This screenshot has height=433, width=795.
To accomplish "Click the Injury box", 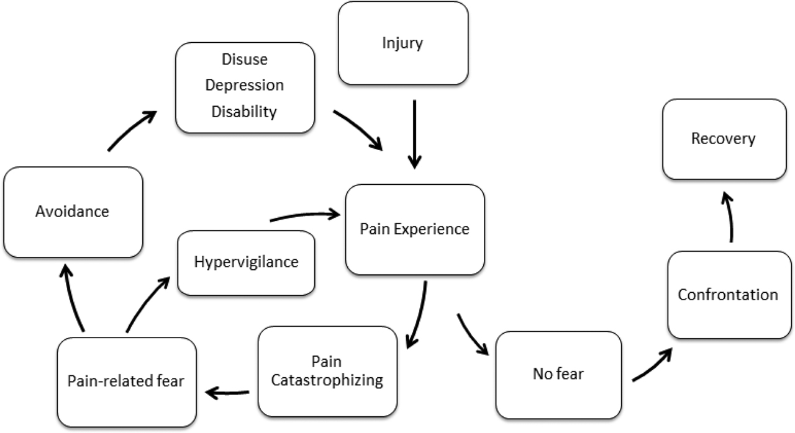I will (x=402, y=43).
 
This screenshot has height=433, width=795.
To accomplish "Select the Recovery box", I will (x=724, y=139).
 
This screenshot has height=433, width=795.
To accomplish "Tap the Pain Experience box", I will (x=414, y=229).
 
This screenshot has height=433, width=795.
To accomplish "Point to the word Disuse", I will (x=245, y=60).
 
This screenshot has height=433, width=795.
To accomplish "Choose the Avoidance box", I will (x=73, y=212).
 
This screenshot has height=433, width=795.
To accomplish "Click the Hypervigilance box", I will (x=246, y=262).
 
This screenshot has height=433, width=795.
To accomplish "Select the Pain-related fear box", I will (x=126, y=381).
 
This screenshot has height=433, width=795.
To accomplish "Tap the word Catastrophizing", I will (x=329, y=380).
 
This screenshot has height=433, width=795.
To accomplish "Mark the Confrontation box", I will (x=728, y=294).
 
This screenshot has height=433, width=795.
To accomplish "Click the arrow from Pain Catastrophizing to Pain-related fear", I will (x=227, y=392).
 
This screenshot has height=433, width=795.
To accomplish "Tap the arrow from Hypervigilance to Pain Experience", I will (x=304, y=216).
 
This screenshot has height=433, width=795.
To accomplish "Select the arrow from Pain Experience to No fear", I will (x=472, y=336).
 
